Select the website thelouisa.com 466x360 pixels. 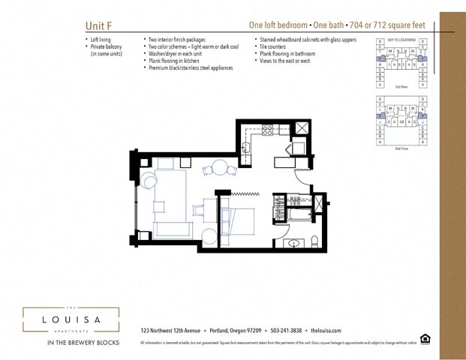(326, 330)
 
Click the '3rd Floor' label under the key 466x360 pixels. (401, 87)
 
